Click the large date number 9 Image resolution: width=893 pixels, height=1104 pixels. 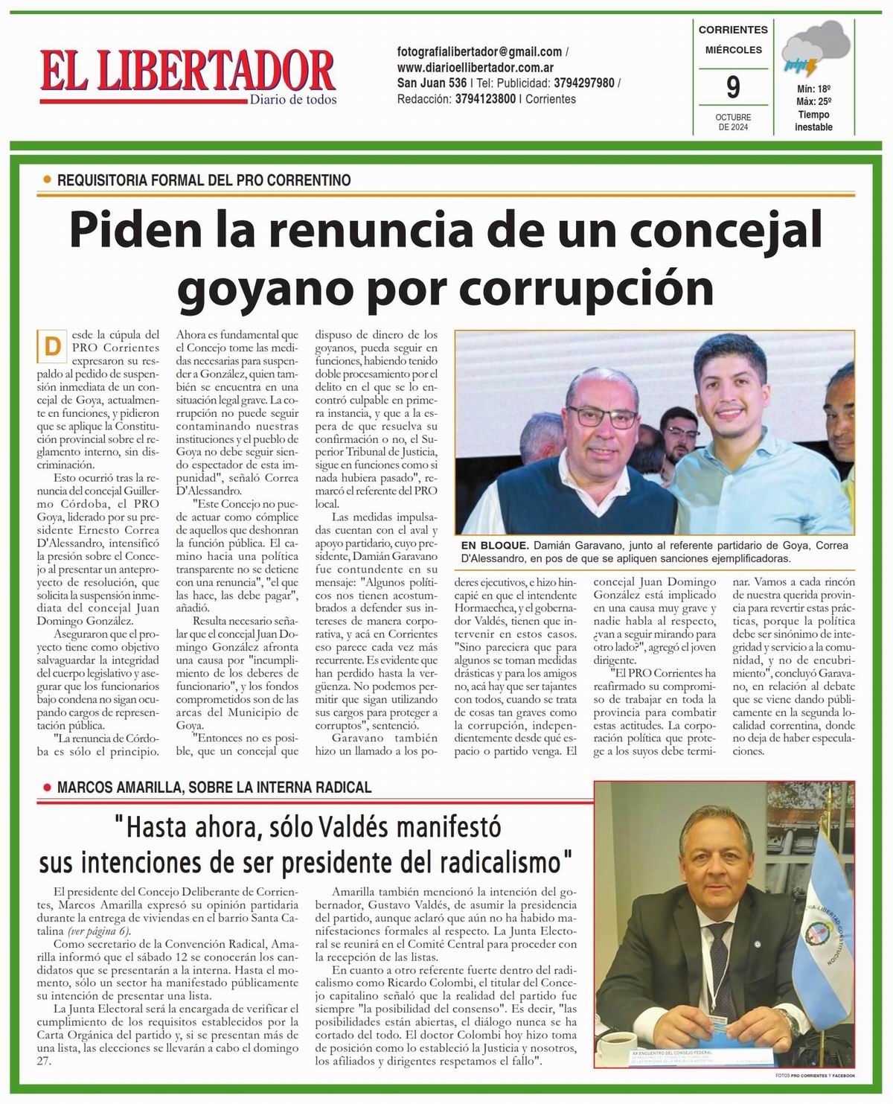(x=733, y=88)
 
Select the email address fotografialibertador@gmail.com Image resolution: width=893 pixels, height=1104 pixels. (x=480, y=52)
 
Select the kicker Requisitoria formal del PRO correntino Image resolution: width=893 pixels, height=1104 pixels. (x=203, y=180)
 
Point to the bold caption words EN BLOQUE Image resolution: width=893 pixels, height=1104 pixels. (x=493, y=546)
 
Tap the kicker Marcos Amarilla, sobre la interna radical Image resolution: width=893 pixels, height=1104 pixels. (x=214, y=787)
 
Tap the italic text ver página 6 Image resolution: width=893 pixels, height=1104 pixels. (x=100, y=931)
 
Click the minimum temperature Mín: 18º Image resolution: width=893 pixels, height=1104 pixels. (x=813, y=88)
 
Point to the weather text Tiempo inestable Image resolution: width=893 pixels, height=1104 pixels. (x=813, y=121)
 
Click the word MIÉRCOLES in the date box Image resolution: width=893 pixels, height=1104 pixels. (x=733, y=50)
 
